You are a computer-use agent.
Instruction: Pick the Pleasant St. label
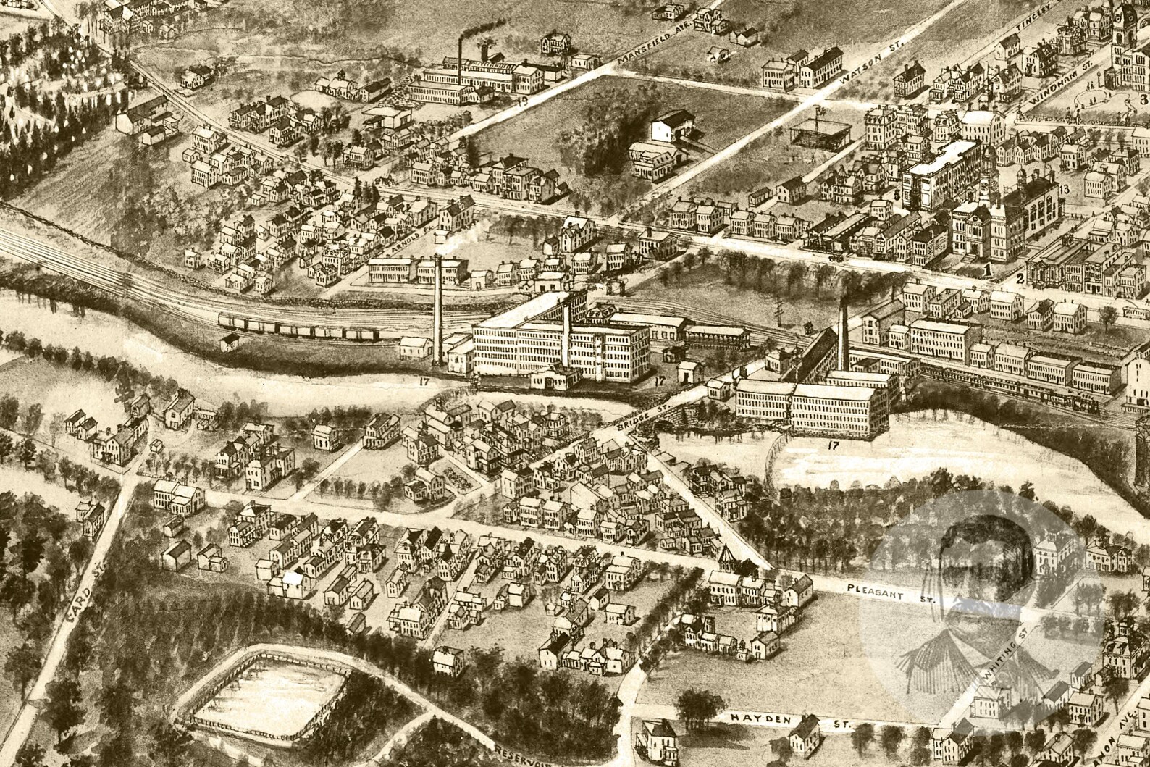890,594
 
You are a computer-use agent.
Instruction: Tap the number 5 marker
896,195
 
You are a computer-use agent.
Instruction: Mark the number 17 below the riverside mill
834,445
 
